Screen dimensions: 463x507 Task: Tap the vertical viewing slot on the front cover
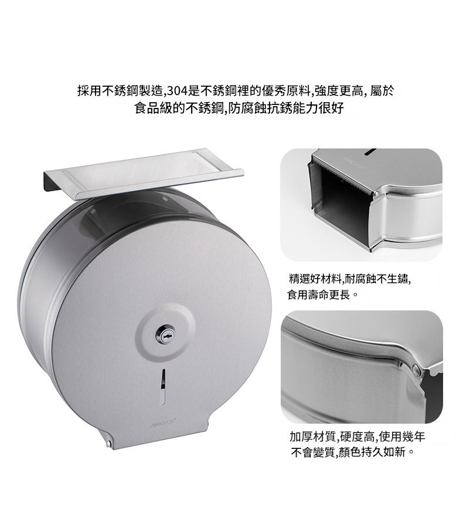[164, 386]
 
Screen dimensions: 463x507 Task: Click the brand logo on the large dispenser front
[164, 422]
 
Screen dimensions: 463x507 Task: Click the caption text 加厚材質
[313, 437]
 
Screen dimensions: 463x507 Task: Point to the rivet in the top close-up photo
[376, 194]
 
